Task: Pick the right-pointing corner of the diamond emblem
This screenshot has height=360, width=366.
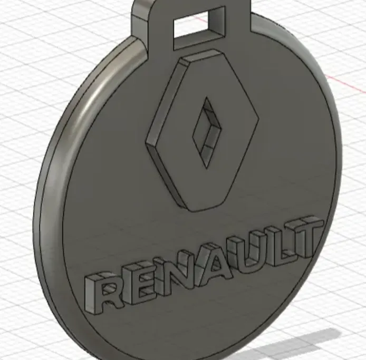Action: click(256, 118)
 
